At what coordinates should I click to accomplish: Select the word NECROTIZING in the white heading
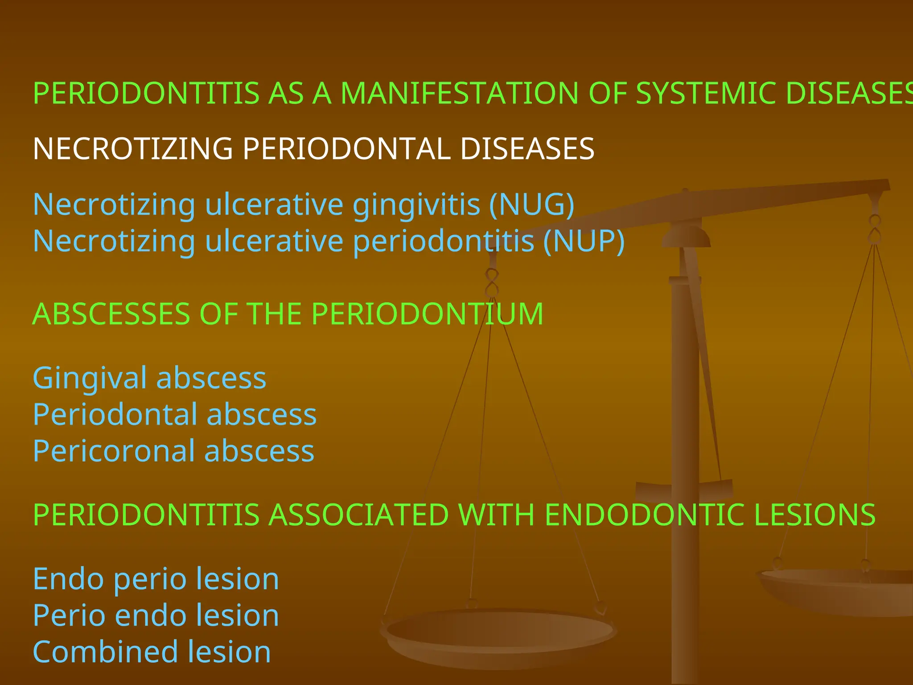click(133, 149)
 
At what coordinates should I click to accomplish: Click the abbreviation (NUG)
click(532, 205)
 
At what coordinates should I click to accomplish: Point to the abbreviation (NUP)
click(584, 241)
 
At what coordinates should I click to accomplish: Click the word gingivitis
click(416, 206)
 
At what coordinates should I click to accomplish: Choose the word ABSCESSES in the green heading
click(111, 314)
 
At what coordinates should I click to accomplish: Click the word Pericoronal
click(114, 451)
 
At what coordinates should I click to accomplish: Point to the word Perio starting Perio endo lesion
click(69, 615)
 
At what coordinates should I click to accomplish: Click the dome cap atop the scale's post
click(686, 236)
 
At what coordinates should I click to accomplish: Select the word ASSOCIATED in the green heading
click(359, 515)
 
